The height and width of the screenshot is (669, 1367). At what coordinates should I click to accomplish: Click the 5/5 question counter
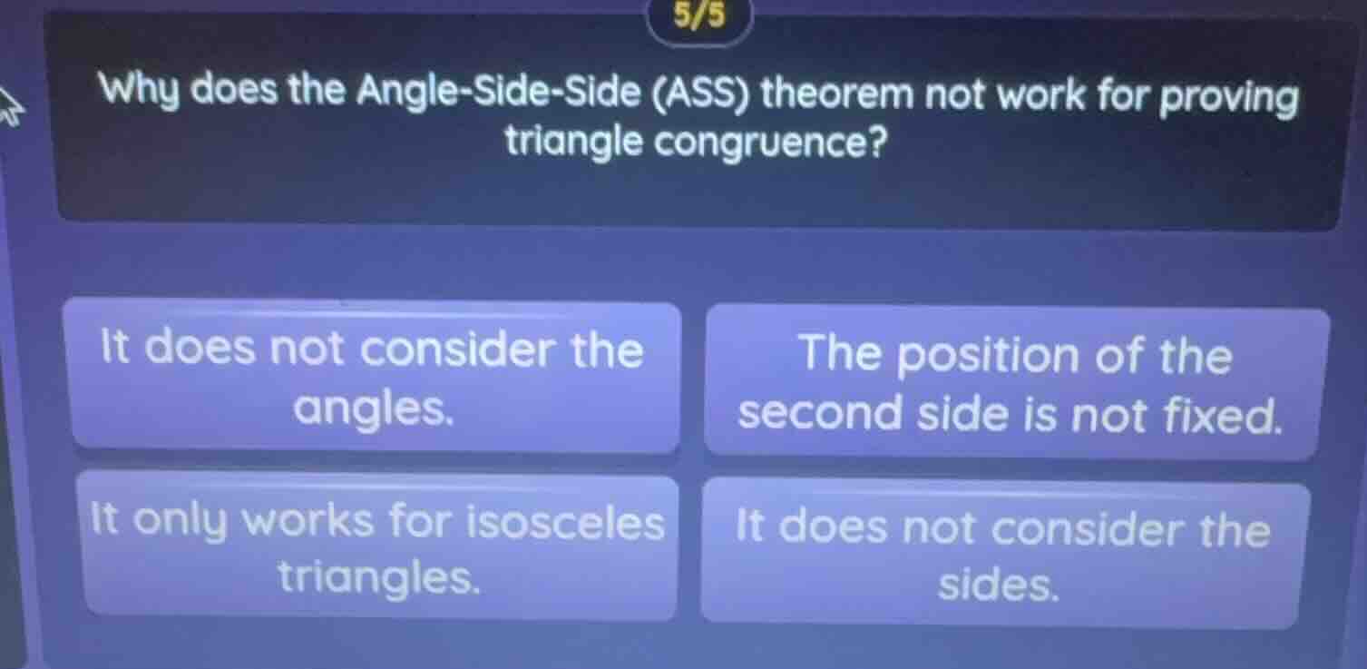click(700, 15)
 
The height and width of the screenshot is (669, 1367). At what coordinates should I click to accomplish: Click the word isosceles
click(564, 523)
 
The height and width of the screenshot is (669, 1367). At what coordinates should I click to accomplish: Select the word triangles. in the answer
click(378, 576)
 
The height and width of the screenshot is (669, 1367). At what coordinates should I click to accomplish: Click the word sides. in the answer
click(998, 586)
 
